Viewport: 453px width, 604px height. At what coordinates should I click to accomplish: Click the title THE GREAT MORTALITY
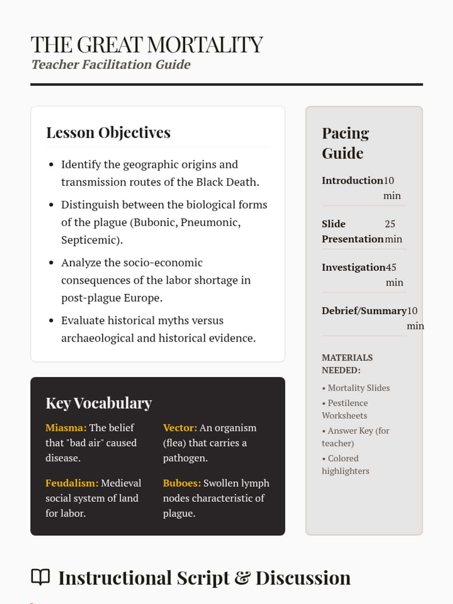click(146, 45)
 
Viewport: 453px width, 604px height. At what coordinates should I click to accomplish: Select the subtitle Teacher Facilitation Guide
click(111, 65)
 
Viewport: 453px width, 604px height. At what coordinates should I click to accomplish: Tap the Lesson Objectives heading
click(108, 133)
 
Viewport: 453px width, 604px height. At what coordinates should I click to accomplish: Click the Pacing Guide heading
click(345, 143)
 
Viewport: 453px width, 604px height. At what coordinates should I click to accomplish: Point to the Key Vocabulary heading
click(99, 403)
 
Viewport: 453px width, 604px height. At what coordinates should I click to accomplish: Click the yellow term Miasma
click(66, 428)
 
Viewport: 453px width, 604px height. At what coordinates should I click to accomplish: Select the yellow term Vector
click(180, 428)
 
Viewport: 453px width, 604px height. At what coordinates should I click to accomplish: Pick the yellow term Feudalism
click(72, 483)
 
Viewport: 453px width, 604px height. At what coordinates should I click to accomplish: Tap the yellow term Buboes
click(182, 483)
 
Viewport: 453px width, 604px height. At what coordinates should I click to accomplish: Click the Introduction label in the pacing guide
click(352, 180)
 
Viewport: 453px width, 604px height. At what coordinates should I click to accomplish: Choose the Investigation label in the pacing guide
click(353, 267)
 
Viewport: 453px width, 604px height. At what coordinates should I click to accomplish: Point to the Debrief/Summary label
click(364, 311)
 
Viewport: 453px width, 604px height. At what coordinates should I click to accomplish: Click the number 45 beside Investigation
click(391, 267)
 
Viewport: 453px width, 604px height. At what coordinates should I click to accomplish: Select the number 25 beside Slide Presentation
click(390, 224)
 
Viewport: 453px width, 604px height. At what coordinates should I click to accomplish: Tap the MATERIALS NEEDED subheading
click(347, 364)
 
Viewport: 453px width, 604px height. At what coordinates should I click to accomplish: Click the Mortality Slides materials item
click(359, 388)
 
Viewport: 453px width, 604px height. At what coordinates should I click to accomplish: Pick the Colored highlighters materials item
click(345, 465)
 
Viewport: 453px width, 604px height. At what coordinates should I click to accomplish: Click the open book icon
click(40, 577)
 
